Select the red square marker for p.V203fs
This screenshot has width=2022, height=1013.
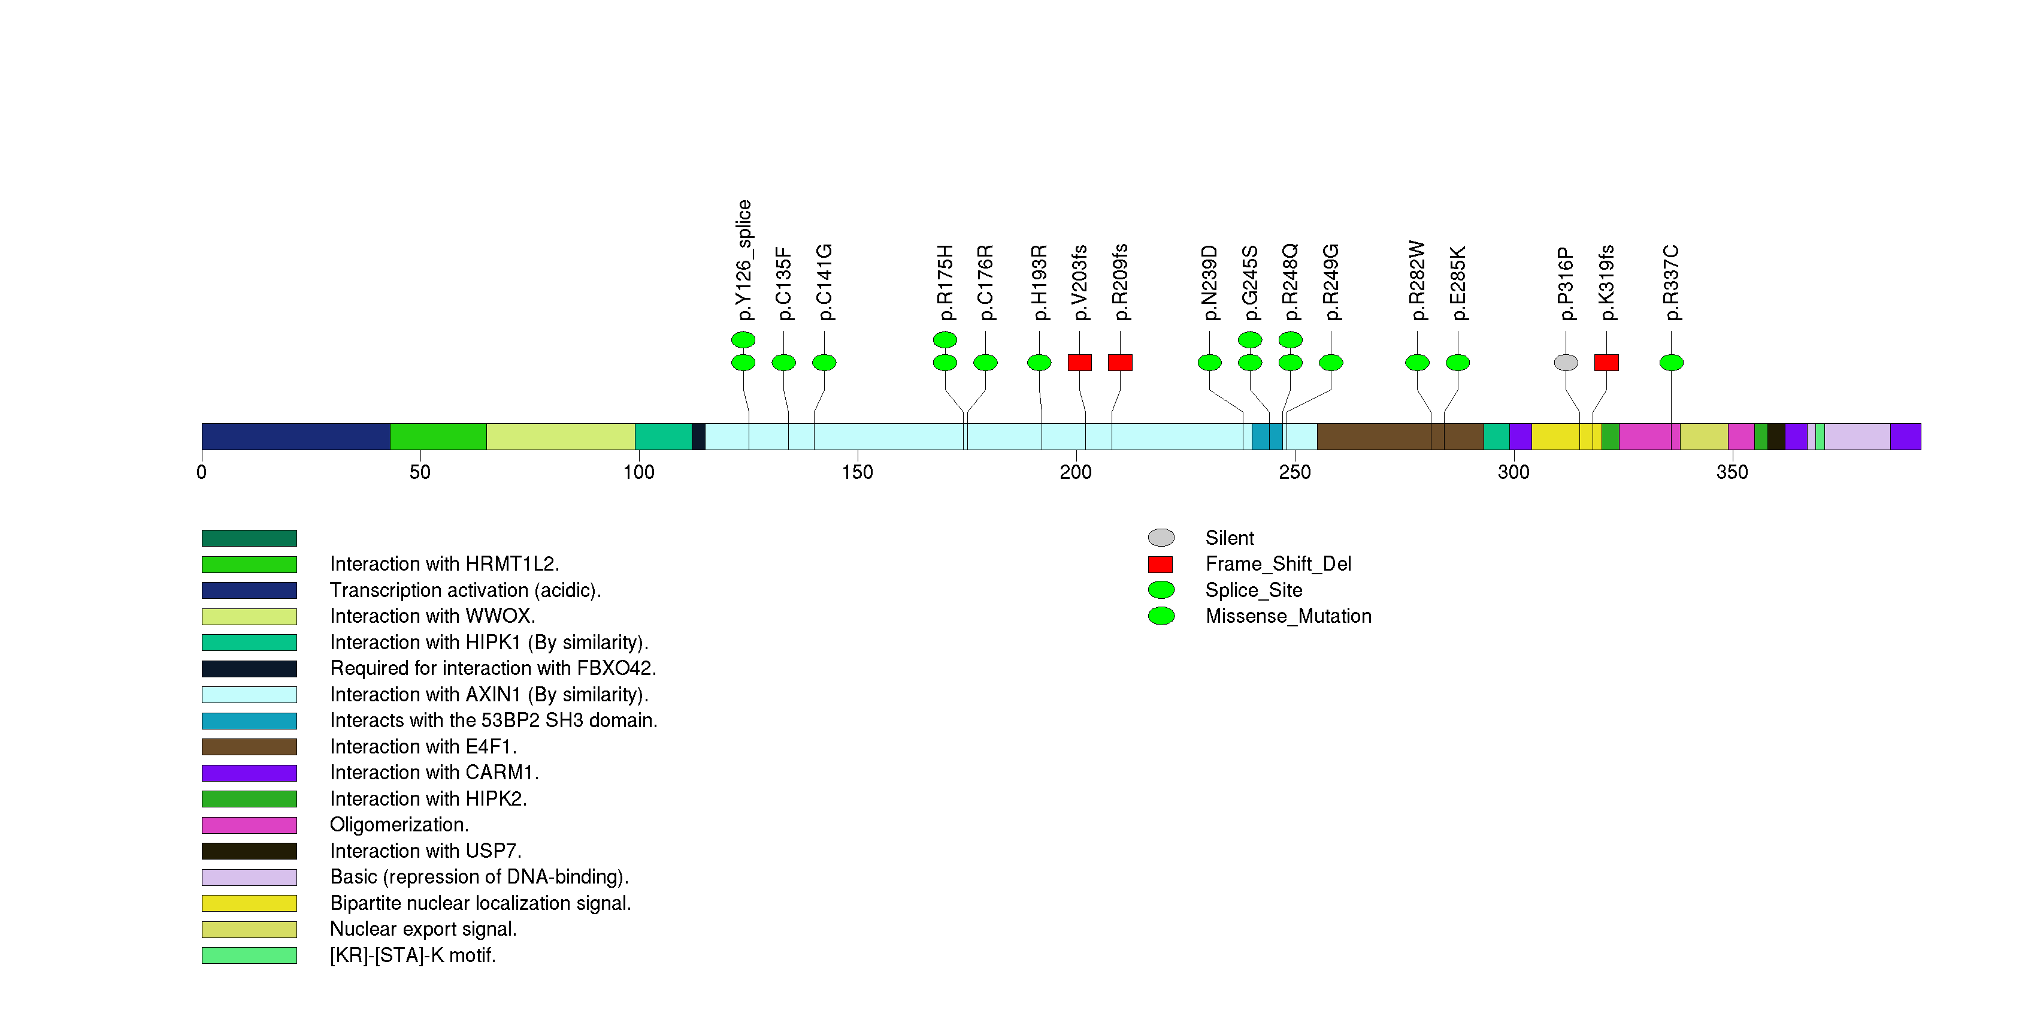click(1079, 362)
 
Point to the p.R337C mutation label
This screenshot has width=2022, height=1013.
click(1671, 283)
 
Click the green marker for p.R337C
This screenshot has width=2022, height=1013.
click(1671, 362)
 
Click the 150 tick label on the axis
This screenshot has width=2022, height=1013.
click(857, 472)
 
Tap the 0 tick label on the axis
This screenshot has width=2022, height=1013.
click(202, 472)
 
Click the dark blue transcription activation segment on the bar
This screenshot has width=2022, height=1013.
click(295, 436)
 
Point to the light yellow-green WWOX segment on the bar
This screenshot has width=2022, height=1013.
click(561, 436)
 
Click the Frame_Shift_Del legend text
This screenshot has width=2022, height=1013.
click(1278, 564)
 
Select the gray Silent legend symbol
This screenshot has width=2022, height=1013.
click(1161, 538)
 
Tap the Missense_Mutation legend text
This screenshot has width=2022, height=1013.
click(1288, 616)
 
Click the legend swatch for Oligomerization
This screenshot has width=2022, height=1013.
click(249, 825)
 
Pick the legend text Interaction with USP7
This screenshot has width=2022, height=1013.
click(425, 851)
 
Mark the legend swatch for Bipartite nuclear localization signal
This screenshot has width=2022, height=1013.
click(249, 903)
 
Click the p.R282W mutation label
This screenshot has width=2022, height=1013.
click(1417, 281)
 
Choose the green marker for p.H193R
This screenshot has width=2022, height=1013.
click(1039, 362)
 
